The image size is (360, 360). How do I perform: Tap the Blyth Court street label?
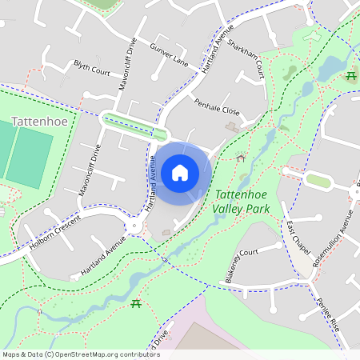coord(92,71)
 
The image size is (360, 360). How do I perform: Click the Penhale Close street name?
coord(217,109)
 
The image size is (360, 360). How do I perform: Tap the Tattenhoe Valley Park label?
coord(242,201)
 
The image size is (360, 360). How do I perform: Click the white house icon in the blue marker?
coord(180,173)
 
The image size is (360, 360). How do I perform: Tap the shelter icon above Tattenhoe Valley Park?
coord(241,158)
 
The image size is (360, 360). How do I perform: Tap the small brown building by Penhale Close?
coord(232,126)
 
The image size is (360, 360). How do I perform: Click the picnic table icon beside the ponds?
coord(351,76)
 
